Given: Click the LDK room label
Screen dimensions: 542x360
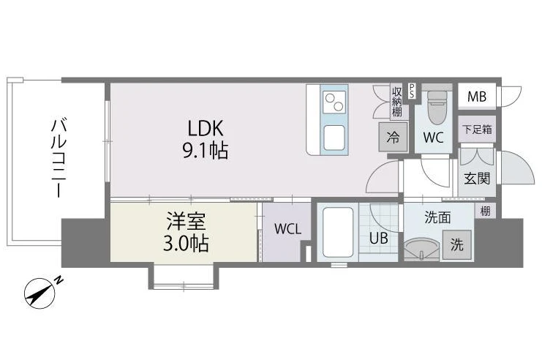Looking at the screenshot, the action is coord(206,128).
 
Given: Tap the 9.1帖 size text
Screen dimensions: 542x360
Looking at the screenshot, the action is coord(206,151).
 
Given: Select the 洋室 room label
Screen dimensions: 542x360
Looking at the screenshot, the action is coord(186,222).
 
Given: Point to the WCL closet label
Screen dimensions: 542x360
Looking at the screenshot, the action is coord(287,229).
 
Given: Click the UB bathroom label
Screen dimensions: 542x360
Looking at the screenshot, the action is coord(378,238).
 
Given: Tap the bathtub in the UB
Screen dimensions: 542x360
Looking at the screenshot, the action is coord(338,233).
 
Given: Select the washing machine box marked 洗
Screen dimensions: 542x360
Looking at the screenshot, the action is coord(457,245).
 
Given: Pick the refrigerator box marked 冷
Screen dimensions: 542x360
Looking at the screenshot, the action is coord(393,138).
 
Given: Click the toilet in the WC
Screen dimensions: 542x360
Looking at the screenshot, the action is coord(437,107).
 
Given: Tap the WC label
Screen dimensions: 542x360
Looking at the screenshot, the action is coord(433,138).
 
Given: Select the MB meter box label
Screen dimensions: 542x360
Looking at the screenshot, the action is coord(477,97).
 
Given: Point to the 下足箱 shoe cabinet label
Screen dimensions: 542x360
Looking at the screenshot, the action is coord(477,130).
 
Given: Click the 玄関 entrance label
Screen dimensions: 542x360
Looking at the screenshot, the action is coord(477,179).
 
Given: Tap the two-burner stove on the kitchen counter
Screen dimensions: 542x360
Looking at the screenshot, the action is coord(334,102).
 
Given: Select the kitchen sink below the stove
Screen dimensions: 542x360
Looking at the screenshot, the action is coord(334,138).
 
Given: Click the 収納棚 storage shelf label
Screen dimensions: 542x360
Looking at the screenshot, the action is coord(397,102).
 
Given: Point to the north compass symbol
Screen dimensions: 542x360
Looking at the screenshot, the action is coord(42,293).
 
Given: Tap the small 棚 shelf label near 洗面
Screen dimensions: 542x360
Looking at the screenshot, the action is coord(485,211).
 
